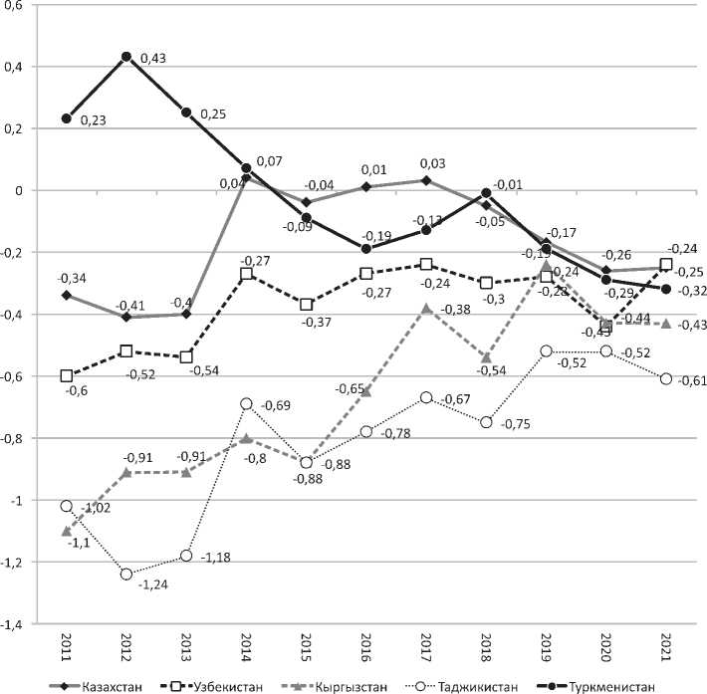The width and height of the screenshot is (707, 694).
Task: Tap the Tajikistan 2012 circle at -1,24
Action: (x=126, y=574)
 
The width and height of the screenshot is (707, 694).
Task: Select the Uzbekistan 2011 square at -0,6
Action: (x=67, y=375)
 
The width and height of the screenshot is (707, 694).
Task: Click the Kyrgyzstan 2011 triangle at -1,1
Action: (x=67, y=531)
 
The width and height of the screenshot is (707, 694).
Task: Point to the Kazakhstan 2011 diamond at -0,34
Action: (x=67, y=295)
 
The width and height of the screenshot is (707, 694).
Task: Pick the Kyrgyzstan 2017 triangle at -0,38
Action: (x=427, y=309)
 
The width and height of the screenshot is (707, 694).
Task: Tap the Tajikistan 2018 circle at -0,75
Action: (x=487, y=422)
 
